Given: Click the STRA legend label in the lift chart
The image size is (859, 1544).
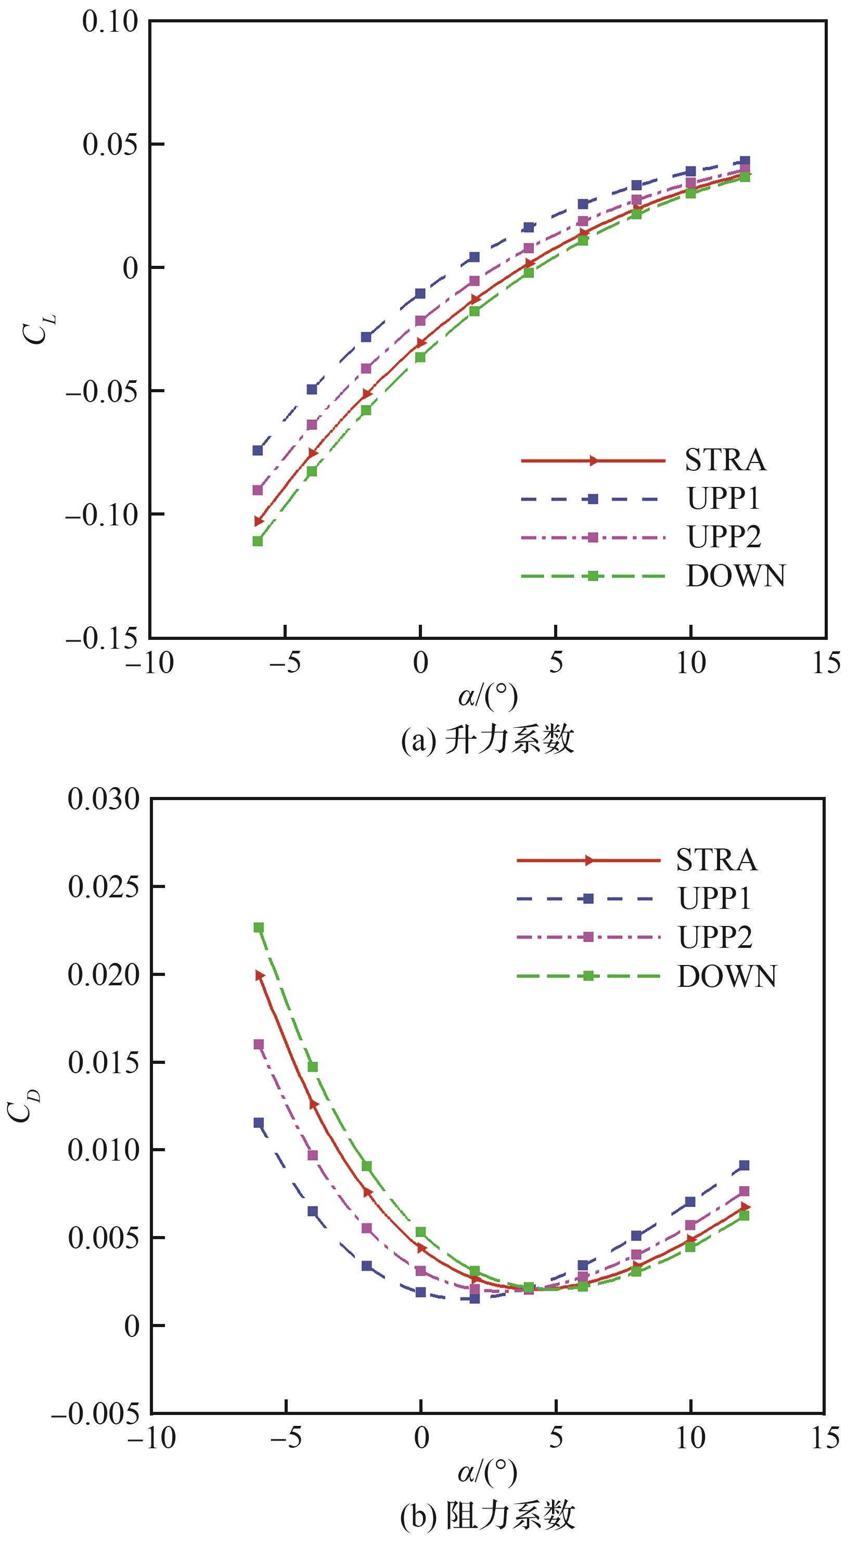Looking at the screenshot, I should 725,460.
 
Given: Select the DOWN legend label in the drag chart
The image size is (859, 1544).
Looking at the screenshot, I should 726,976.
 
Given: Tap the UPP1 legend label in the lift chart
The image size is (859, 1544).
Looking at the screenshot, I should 724,499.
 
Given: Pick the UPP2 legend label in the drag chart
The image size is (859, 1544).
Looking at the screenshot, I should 715,937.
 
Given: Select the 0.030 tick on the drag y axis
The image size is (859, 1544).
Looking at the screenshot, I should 103,800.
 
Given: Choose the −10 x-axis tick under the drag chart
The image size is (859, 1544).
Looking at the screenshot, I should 151,1438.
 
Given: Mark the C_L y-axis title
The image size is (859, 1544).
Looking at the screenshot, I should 36,328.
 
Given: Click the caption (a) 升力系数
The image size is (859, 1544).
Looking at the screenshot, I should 488,740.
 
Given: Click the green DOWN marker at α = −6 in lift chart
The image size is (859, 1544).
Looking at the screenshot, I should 258,541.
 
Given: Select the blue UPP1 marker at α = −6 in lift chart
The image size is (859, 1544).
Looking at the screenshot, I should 258,450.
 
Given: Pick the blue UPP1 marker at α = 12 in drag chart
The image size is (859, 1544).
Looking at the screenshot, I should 745,1166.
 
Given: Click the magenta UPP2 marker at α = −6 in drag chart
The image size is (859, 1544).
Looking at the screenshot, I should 259,1044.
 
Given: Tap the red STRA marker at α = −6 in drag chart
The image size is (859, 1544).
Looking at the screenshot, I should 260,975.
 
